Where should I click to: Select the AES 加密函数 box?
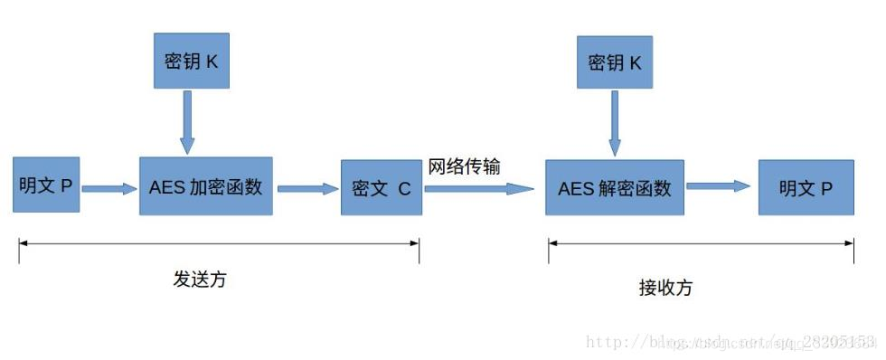pyautogui.click(x=205, y=185)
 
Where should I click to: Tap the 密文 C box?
pyautogui.click(x=381, y=188)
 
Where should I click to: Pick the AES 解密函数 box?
pyautogui.click(x=614, y=187)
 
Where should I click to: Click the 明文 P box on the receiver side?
pyautogui.click(x=806, y=187)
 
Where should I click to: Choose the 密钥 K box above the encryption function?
pyautogui.click(x=191, y=62)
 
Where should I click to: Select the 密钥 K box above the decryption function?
pyautogui.click(x=615, y=62)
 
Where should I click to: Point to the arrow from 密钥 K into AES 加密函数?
pyautogui.click(x=187, y=121)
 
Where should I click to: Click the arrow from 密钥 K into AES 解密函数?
pyautogui.click(x=615, y=123)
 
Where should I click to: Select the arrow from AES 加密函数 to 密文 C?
pyautogui.click(x=306, y=188)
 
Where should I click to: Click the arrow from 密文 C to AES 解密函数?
pyautogui.click(x=479, y=188)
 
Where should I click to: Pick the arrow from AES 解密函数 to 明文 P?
pyautogui.click(x=719, y=186)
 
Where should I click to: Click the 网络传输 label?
pyautogui.click(x=464, y=166)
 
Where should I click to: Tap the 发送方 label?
pyautogui.click(x=199, y=279)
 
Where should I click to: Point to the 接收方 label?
pyautogui.click(x=665, y=288)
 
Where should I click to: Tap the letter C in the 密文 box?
pyautogui.click(x=404, y=189)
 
